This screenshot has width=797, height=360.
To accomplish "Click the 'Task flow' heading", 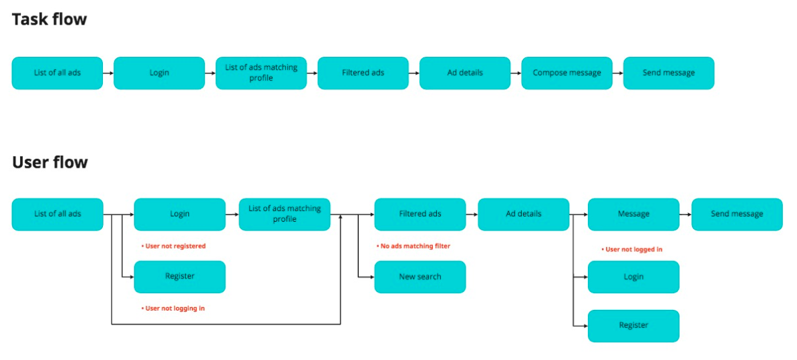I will pyautogui.click(x=49, y=19).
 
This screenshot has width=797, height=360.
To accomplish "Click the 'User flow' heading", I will pyautogui.click(x=50, y=162).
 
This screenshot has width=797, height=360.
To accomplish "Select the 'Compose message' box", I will pyautogui.click(x=567, y=73).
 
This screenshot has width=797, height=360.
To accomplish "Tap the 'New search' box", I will pyautogui.click(x=420, y=277).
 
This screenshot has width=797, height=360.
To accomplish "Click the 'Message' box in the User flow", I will pyautogui.click(x=633, y=214).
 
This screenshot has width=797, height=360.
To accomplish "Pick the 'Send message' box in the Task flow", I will pyautogui.click(x=668, y=73).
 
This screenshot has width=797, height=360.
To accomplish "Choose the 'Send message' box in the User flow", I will pyautogui.click(x=737, y=214).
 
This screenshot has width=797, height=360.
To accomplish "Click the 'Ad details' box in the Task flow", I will pyautogui.click(x=464, y=73).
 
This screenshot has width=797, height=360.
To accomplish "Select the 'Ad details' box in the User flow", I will pyautogui.click(x=523, y=214).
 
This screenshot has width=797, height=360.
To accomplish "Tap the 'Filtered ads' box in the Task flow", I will pyautogui.click(x=363, y=73).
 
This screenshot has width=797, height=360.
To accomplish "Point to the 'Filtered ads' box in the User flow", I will pyautogui.click(x=420, y=214).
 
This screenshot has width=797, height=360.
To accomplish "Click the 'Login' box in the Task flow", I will pyautogui.click(x=159, y=73).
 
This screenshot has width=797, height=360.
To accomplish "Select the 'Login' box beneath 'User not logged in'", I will pyautogui.click(x=633, y=277).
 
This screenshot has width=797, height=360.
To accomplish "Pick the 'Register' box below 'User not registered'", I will pyautogui.click(x=179, y=277).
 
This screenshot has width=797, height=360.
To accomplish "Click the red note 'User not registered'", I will pyautogui.click(x=174, y=246).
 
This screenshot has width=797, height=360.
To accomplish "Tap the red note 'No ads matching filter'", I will pyautogui.click(x=414, y=246).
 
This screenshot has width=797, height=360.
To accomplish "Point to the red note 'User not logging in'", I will pyautogui.click(x=173, y=309).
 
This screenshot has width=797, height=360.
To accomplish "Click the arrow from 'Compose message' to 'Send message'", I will pyautogui.click(x=617, y=73).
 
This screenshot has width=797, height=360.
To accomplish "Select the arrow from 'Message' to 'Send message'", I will pyautogui.click(x=685, y=214).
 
